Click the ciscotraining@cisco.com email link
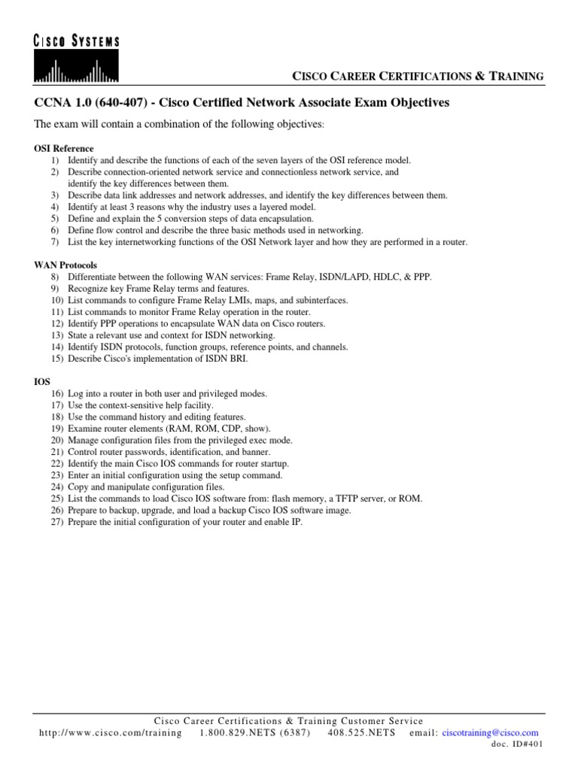(491, 732)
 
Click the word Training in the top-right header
(517, 76)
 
